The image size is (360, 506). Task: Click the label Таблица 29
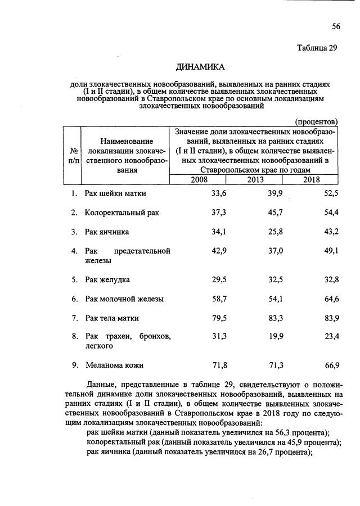317,48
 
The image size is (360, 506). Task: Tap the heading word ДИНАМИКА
200,67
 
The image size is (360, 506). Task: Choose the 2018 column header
312,179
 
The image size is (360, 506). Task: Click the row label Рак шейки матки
115,194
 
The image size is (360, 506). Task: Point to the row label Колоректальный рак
120,213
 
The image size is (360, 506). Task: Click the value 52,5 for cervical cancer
330,194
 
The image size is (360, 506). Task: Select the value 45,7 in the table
273,213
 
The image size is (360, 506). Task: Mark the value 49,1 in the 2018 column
330,251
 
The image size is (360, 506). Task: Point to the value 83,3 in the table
273,318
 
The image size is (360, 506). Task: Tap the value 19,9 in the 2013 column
273,337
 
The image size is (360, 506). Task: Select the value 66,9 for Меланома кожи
330,365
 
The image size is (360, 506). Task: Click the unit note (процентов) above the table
316,121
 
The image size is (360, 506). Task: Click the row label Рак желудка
108,280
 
